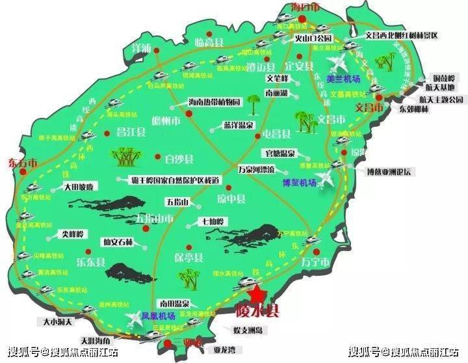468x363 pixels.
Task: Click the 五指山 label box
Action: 179,202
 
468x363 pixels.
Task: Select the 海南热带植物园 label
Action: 214,102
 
